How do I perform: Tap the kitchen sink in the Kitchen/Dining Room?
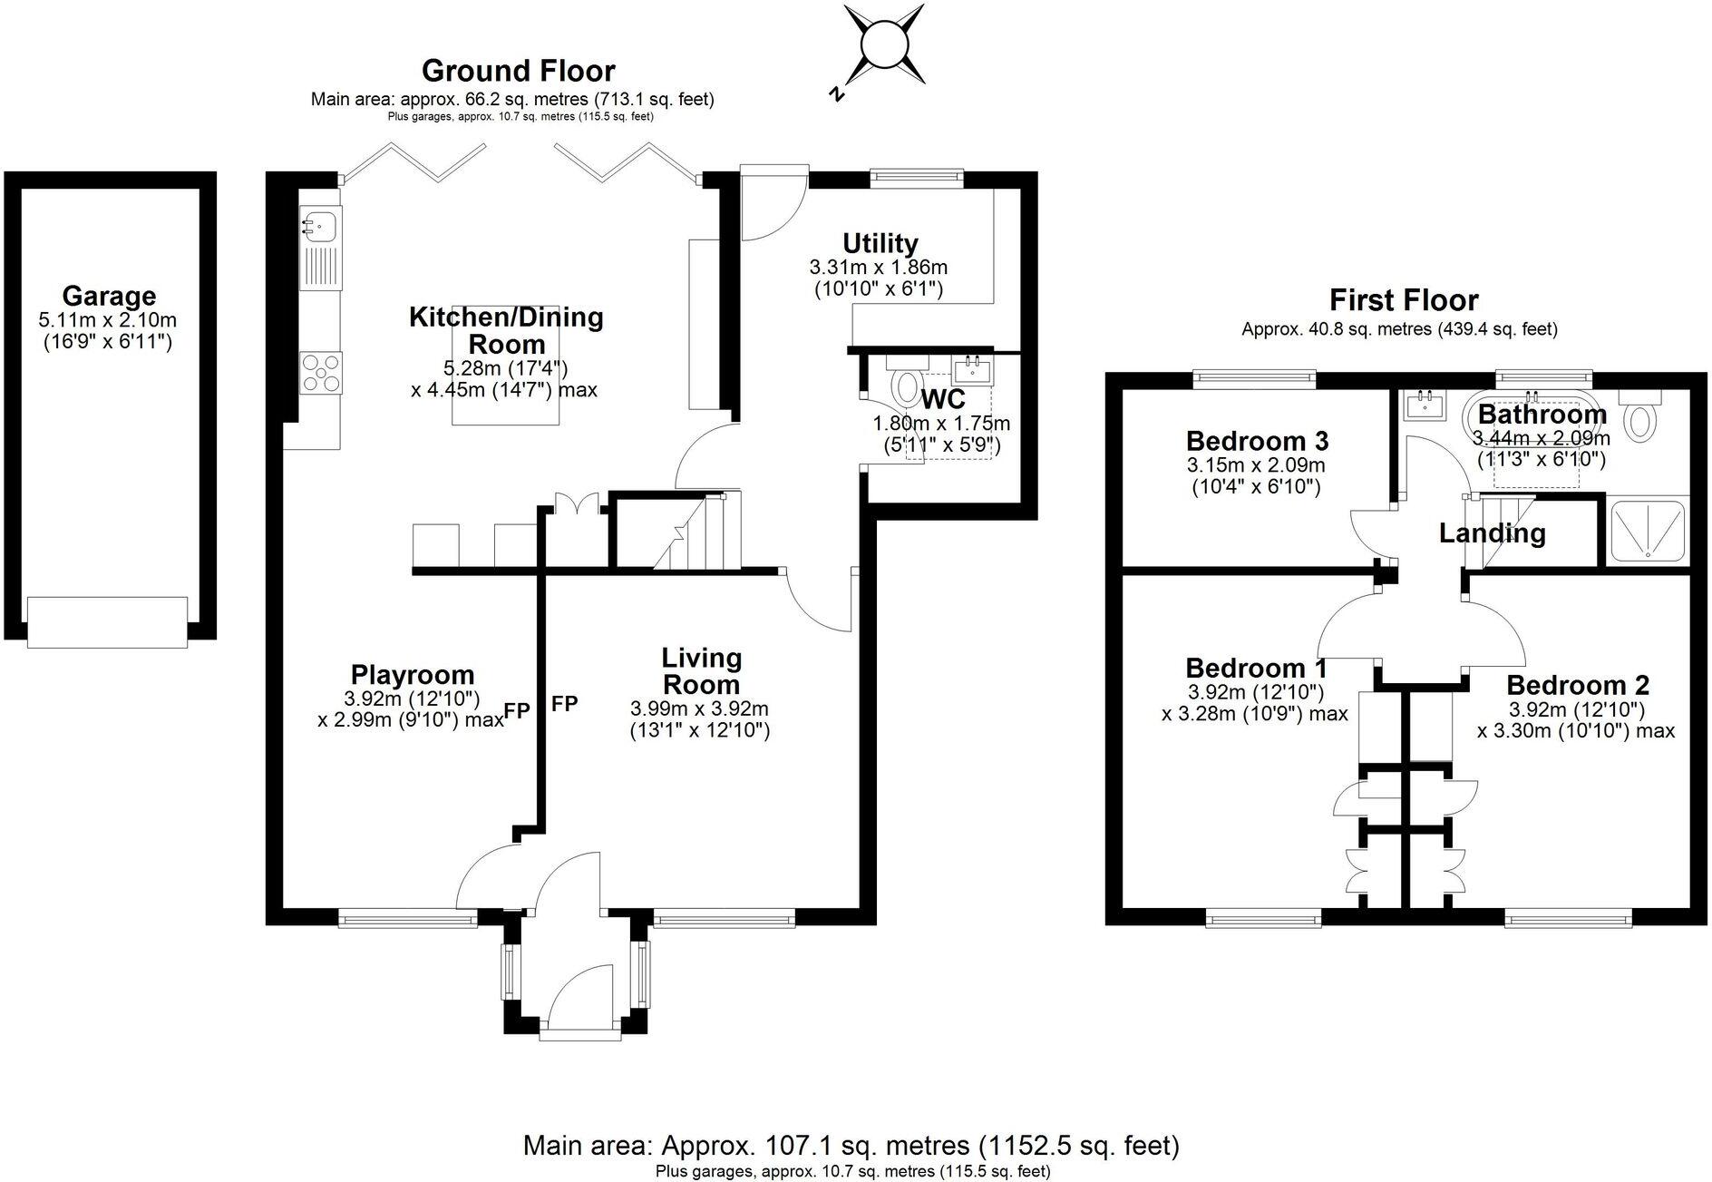tap(319, 222)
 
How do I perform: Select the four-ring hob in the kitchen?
tap(322, 372)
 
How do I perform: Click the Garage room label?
tap(109, 297)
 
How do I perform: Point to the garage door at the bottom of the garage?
tap(107, 621)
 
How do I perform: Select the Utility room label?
tap(880, 243)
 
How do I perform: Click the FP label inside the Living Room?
tap(564, 703)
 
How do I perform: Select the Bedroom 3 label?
tap(1257, 441)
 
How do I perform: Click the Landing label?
tap(1492, 532)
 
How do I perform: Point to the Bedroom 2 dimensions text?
tap(1576, 719)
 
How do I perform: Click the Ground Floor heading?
tap(518, 71)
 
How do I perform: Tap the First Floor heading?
tap(1403, 300)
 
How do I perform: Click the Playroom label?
tap(412, 675)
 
